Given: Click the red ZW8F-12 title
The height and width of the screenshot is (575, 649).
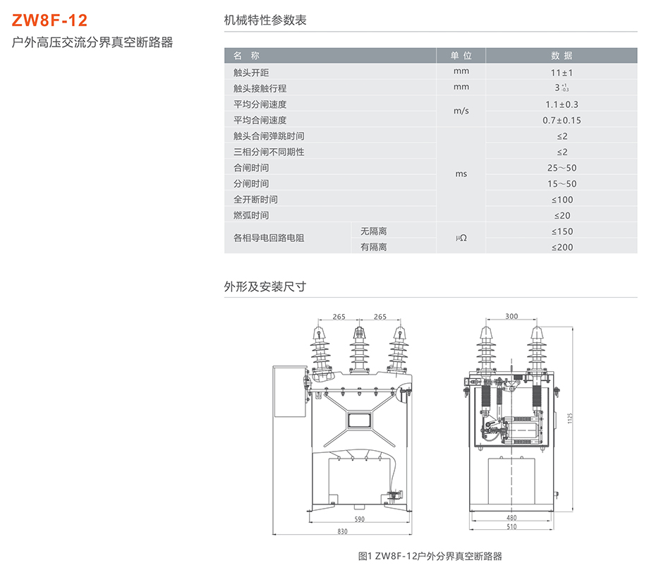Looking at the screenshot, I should click(x=50, y=19).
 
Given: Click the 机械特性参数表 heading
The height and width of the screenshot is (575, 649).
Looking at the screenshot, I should click(x=265, y=20).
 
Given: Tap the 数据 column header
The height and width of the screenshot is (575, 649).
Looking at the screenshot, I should click(x=562, y=56).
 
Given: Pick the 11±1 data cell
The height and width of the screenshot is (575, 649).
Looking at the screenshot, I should click(x=562, y=73).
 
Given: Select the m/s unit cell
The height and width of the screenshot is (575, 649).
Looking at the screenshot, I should click(x=461, y=111).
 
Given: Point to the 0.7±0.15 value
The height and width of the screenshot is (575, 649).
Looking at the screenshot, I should click(x=562, y=121).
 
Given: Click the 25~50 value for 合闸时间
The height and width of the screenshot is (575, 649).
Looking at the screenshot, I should click(x=562, y=168).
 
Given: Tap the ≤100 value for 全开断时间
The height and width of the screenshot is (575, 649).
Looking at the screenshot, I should click(x=562, y=200).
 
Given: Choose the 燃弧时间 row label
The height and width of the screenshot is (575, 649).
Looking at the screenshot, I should click(x=251, y=215).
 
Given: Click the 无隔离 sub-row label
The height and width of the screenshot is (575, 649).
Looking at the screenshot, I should click(x=373, y=231).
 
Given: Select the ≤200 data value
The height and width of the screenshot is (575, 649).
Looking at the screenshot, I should click(x=562, y=247).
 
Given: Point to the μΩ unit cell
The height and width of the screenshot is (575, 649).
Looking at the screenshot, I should click(x=461, y=239).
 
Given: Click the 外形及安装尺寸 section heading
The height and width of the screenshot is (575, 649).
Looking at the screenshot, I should click(x=265, y=286).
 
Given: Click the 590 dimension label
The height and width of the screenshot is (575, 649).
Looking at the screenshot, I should click(x=359, y=520).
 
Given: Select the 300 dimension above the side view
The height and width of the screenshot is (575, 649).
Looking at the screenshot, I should click(x=511, y=316).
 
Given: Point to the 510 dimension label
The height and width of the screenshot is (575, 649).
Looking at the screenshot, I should click(x=511, y=526).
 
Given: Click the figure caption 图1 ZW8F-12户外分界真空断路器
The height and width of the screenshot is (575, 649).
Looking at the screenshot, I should click(x=430, y=556).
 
